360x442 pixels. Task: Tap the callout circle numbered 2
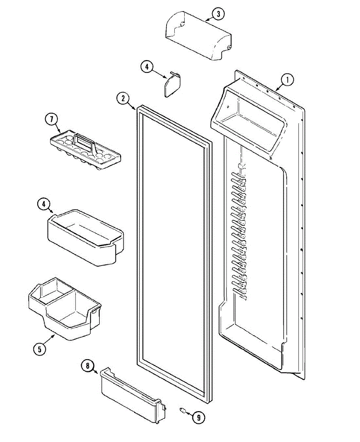pos(123,98)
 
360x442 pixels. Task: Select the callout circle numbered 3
pos(218,14)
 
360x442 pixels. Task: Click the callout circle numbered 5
pos(39,348)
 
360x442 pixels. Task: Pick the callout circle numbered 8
pos(87,366)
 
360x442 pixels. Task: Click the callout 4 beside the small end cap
pos(147,67)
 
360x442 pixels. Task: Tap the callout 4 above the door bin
pos(43,204)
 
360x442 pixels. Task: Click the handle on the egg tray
pos(85,141)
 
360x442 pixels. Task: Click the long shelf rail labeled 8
pos(133,394)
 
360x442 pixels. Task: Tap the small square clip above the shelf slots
pos(241,166)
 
